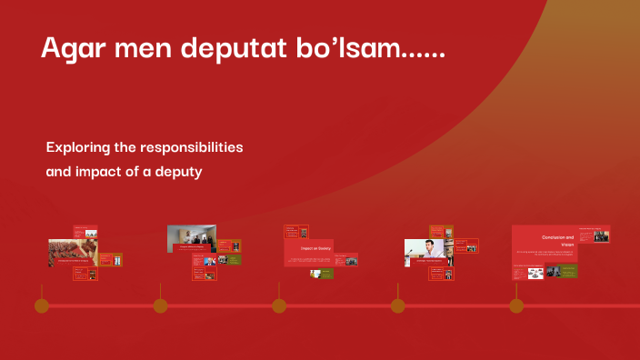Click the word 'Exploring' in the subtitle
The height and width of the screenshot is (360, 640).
coord(80,146)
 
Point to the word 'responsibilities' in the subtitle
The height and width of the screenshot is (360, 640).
coord(193,146)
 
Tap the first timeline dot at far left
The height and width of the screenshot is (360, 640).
coord(42,305)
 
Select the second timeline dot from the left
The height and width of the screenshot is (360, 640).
coord(160,305)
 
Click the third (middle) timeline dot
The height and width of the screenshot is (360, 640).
coord(279,305)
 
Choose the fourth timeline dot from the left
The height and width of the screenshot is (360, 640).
coord(397,305)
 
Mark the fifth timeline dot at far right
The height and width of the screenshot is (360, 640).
coord(516,305)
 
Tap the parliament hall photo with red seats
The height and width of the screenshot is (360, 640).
coord(72,252)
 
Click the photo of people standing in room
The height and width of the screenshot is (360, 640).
coord(191,238)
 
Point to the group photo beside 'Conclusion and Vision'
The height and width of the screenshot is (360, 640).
coord(601,235)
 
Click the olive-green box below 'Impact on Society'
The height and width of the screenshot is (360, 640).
coord(325,274)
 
